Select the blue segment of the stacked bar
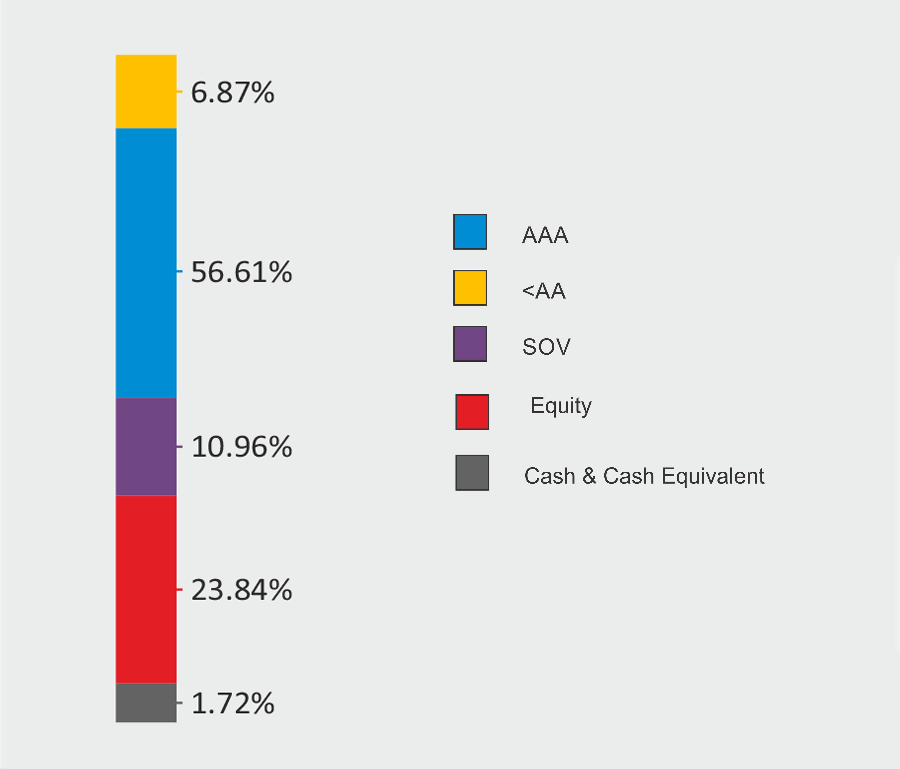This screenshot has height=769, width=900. pos(146,263)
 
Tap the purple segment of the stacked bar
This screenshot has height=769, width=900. pos(146,446)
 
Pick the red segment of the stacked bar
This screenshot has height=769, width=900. pos(146,589)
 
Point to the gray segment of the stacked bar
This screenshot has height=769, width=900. pos(146,702)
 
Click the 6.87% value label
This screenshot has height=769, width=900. pos(232,92)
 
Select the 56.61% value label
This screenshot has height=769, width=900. pos(241,273)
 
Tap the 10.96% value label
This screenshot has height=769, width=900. pos(241,447)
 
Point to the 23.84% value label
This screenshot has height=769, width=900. pos(241,590)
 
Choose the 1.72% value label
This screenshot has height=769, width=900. pos(232,703)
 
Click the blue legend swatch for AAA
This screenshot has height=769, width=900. pos(470,231)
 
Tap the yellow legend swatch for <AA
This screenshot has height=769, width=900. pos(470,287)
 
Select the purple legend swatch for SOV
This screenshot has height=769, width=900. pos(470,344)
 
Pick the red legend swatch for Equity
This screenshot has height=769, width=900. pos(472,412)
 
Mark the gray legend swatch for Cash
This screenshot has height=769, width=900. pos(472,472)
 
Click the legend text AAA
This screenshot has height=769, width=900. pos(545,235)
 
